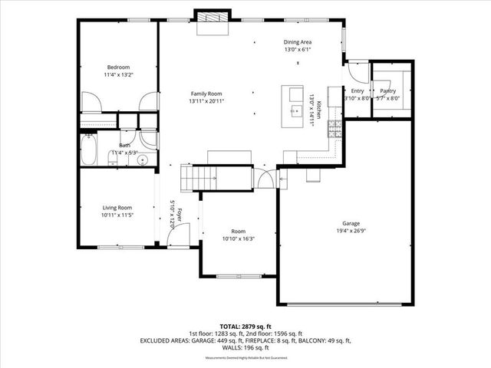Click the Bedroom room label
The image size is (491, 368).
[119, 67]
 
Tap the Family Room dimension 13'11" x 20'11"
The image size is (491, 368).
[207, 101]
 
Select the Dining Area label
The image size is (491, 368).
[298, 42]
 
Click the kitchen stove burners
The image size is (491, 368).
[334, 130]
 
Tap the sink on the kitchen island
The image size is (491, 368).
[294, 110]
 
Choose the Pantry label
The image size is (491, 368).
[387, 90]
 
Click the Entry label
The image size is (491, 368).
[358, 90]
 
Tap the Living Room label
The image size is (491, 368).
[118, 207]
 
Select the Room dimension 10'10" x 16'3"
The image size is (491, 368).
[239, 238]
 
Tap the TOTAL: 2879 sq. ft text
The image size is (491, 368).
[245, 326]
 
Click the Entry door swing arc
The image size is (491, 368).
[356, 73]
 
